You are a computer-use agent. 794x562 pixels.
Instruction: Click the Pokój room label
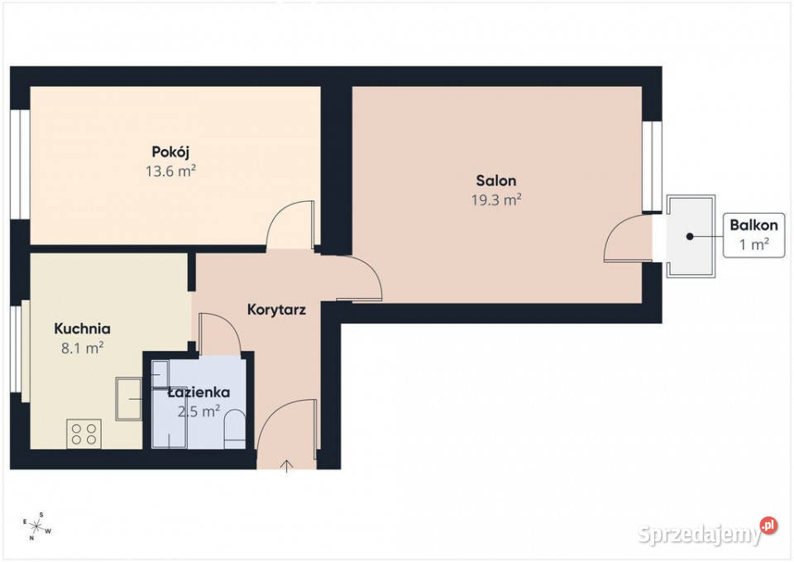(170, 152)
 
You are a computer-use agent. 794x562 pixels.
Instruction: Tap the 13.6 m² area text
(170, 171)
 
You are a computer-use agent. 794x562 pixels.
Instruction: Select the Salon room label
(496, 181)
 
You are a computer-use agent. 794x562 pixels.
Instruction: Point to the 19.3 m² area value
(496, 200)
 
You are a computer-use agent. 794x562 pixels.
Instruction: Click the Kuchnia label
(82, 329)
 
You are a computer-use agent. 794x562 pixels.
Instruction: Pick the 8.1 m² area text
(82, 348)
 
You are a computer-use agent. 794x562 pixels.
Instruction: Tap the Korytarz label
(276, 310)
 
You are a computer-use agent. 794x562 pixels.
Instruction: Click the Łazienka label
(199, 392)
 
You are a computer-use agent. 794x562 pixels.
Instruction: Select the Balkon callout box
(754, 235)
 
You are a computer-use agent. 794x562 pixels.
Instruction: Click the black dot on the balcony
(690, 236)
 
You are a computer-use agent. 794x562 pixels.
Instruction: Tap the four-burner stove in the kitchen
(84, 434)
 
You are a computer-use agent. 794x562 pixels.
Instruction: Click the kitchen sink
(129, 399)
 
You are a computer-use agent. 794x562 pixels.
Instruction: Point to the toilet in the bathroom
(234, 430)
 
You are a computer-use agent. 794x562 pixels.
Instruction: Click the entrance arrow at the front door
(287, 466)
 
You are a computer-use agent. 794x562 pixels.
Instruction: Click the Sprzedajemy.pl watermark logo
(707, 532)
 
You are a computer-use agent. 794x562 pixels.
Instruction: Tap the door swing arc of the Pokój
(283, 214)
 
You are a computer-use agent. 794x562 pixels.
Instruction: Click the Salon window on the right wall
(653, 166)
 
